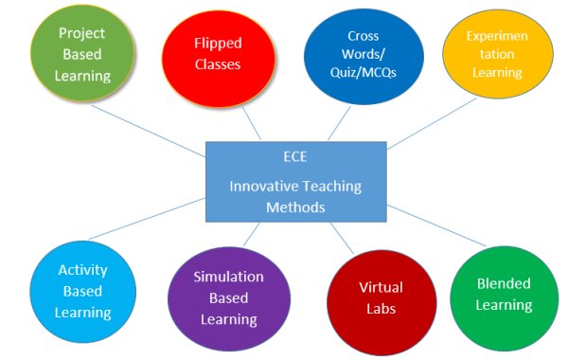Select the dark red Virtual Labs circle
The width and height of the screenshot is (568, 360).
381,297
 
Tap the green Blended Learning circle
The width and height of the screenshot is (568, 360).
504,294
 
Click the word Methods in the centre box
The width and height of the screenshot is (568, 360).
295,207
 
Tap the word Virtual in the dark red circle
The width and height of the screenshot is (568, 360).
381,287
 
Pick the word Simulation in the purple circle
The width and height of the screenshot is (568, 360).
228,277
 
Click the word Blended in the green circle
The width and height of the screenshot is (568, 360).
504,283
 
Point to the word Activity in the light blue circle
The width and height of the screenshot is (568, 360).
82,270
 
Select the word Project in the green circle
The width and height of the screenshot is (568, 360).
82,33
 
